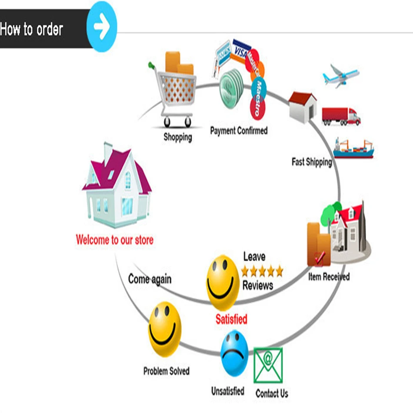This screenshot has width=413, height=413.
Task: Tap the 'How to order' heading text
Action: point(31,29)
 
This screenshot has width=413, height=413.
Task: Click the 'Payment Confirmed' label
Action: point(239,130)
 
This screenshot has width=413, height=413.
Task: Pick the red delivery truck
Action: point(341,116)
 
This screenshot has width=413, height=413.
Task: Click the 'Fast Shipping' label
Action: point(311,162)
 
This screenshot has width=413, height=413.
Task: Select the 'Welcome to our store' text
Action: point(114,240)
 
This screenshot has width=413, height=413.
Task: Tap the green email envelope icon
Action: point(268,365)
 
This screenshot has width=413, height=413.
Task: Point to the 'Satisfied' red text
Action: point(231,320)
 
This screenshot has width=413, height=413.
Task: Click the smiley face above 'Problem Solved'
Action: point(165,329)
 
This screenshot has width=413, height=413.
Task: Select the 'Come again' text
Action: point(150,279)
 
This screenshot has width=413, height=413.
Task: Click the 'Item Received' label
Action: point(329,276)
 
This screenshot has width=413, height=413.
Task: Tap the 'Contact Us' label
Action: point(272,393)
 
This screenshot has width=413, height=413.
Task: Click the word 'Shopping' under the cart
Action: point(177,137)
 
